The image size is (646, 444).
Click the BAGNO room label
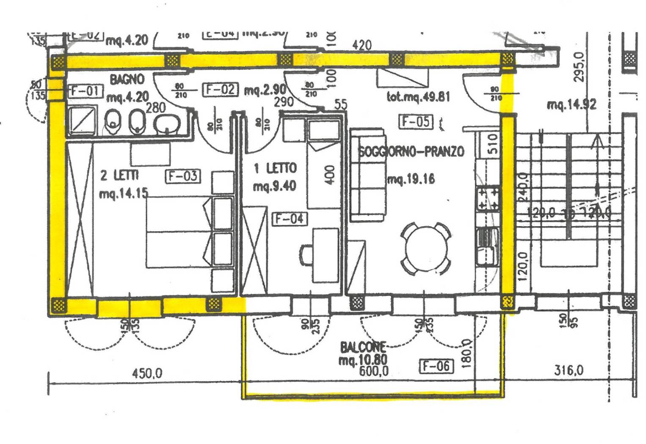[x=127, y=79]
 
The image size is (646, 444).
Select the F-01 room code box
[x=86, y=90]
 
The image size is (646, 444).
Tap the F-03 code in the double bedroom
[x=182, y=176]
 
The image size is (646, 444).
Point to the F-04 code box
[x=289, y=219]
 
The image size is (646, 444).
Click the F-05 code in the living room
[x=416, y=122]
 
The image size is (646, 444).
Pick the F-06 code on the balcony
[x=436, y=366]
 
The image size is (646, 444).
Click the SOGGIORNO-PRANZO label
[x=411, y=151]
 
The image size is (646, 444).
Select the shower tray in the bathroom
[x=83, y=120]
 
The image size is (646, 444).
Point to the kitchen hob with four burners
[x=488, y=199]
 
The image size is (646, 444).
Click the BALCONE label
[x=363, y=348]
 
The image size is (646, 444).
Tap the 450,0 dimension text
[x=147, y=374]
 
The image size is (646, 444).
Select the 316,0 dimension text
[x=569, y=371]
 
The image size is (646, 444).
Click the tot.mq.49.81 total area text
[x=418, y=97]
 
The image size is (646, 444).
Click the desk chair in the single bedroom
[x=306, y=255]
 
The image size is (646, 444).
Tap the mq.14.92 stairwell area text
[x=571, y=104]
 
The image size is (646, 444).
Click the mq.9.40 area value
[x=274, y=186]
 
